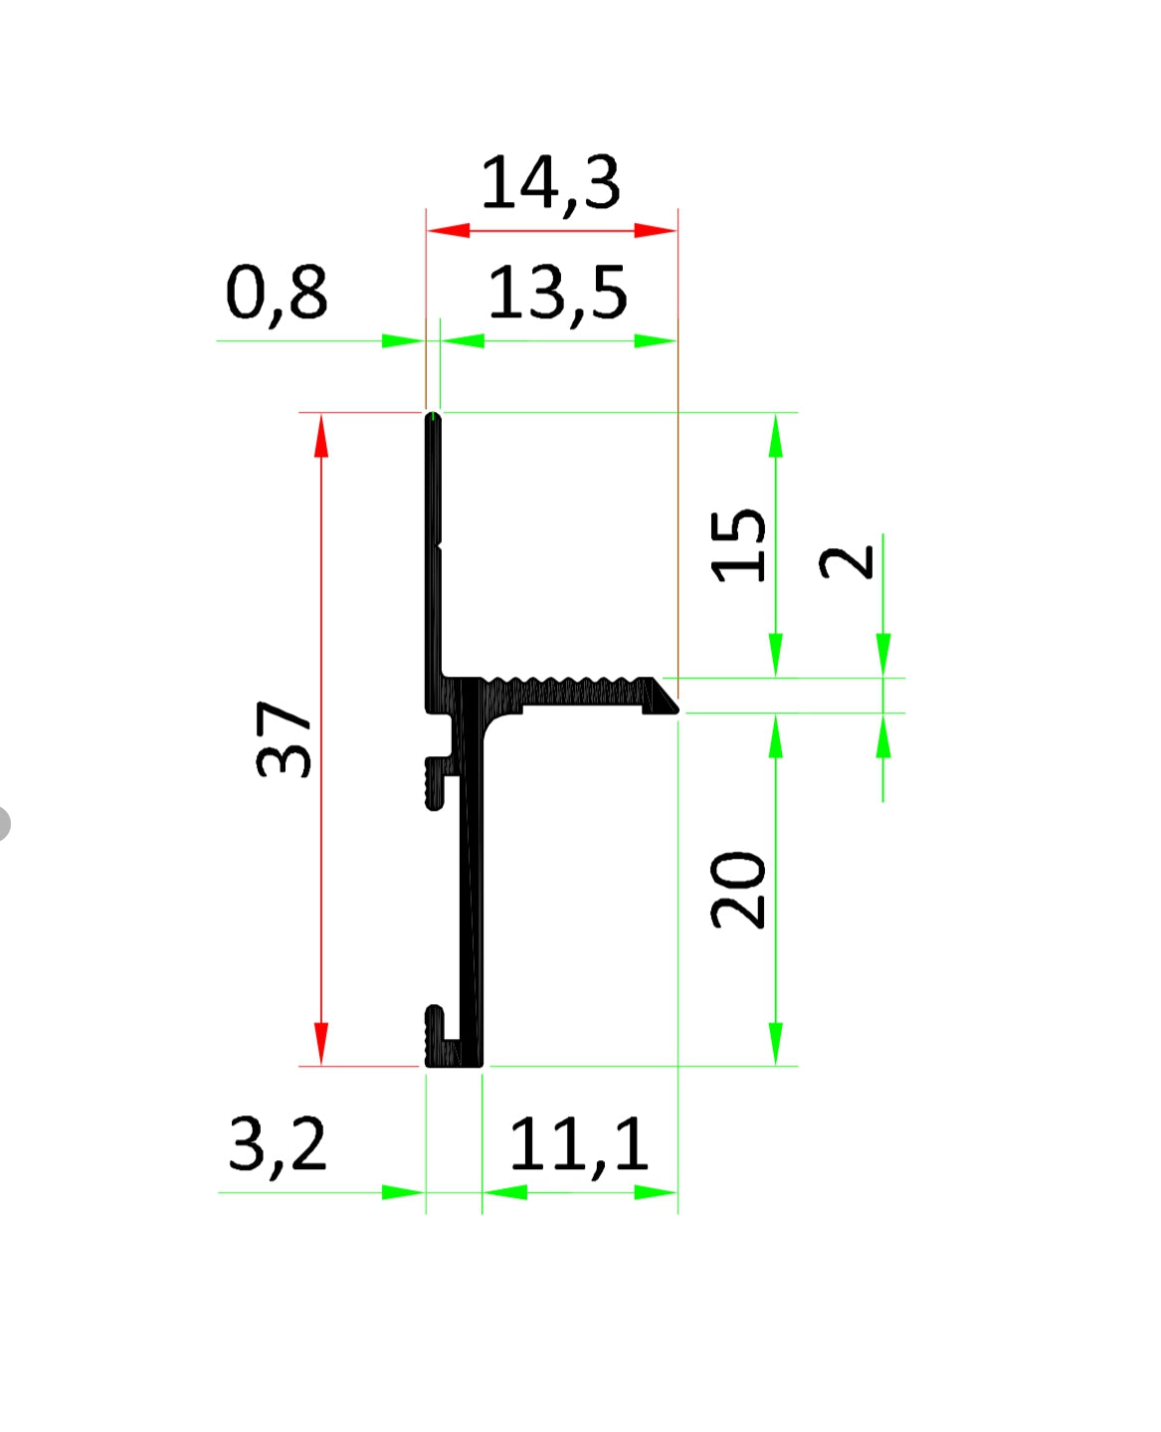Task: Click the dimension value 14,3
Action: click(551, 184)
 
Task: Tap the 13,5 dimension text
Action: click(557, 295)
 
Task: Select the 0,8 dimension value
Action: click(277, 295)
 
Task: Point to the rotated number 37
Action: click(285, 738)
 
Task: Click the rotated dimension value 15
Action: click(739, 544)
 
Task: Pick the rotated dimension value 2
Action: click(847, 562)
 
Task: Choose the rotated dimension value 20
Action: click(739, 889)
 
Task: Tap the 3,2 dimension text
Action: click(277, 1145)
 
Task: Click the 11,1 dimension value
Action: click(578, 1146)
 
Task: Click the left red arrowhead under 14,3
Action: click(448, 231)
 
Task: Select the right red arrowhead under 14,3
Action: click(656, 231)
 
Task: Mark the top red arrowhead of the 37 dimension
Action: click(321, 436)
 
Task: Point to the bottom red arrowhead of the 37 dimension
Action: click(321, 1043)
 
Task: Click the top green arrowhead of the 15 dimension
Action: click(776, 435)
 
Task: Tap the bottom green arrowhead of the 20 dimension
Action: click(776, 1043)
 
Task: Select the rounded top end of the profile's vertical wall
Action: click(433, 419)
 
